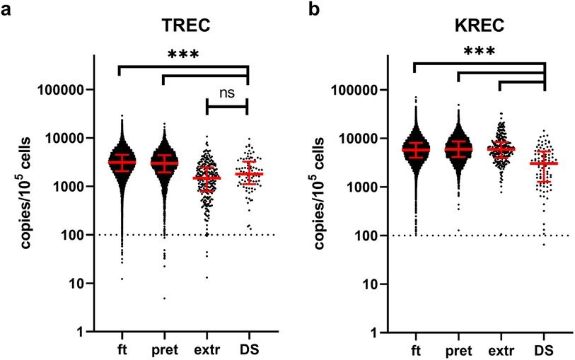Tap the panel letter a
tap(6, 9)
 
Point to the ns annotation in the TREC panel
tap(227, 92)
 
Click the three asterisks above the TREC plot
tap(182, 54)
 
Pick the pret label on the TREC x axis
tap(164, 349)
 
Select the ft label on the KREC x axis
tap(415, 349)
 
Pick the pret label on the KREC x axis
tap(458, 350)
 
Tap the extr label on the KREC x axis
tap(501, 349)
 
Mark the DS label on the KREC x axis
tap(543, 349)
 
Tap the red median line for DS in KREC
tap(543, 163)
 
